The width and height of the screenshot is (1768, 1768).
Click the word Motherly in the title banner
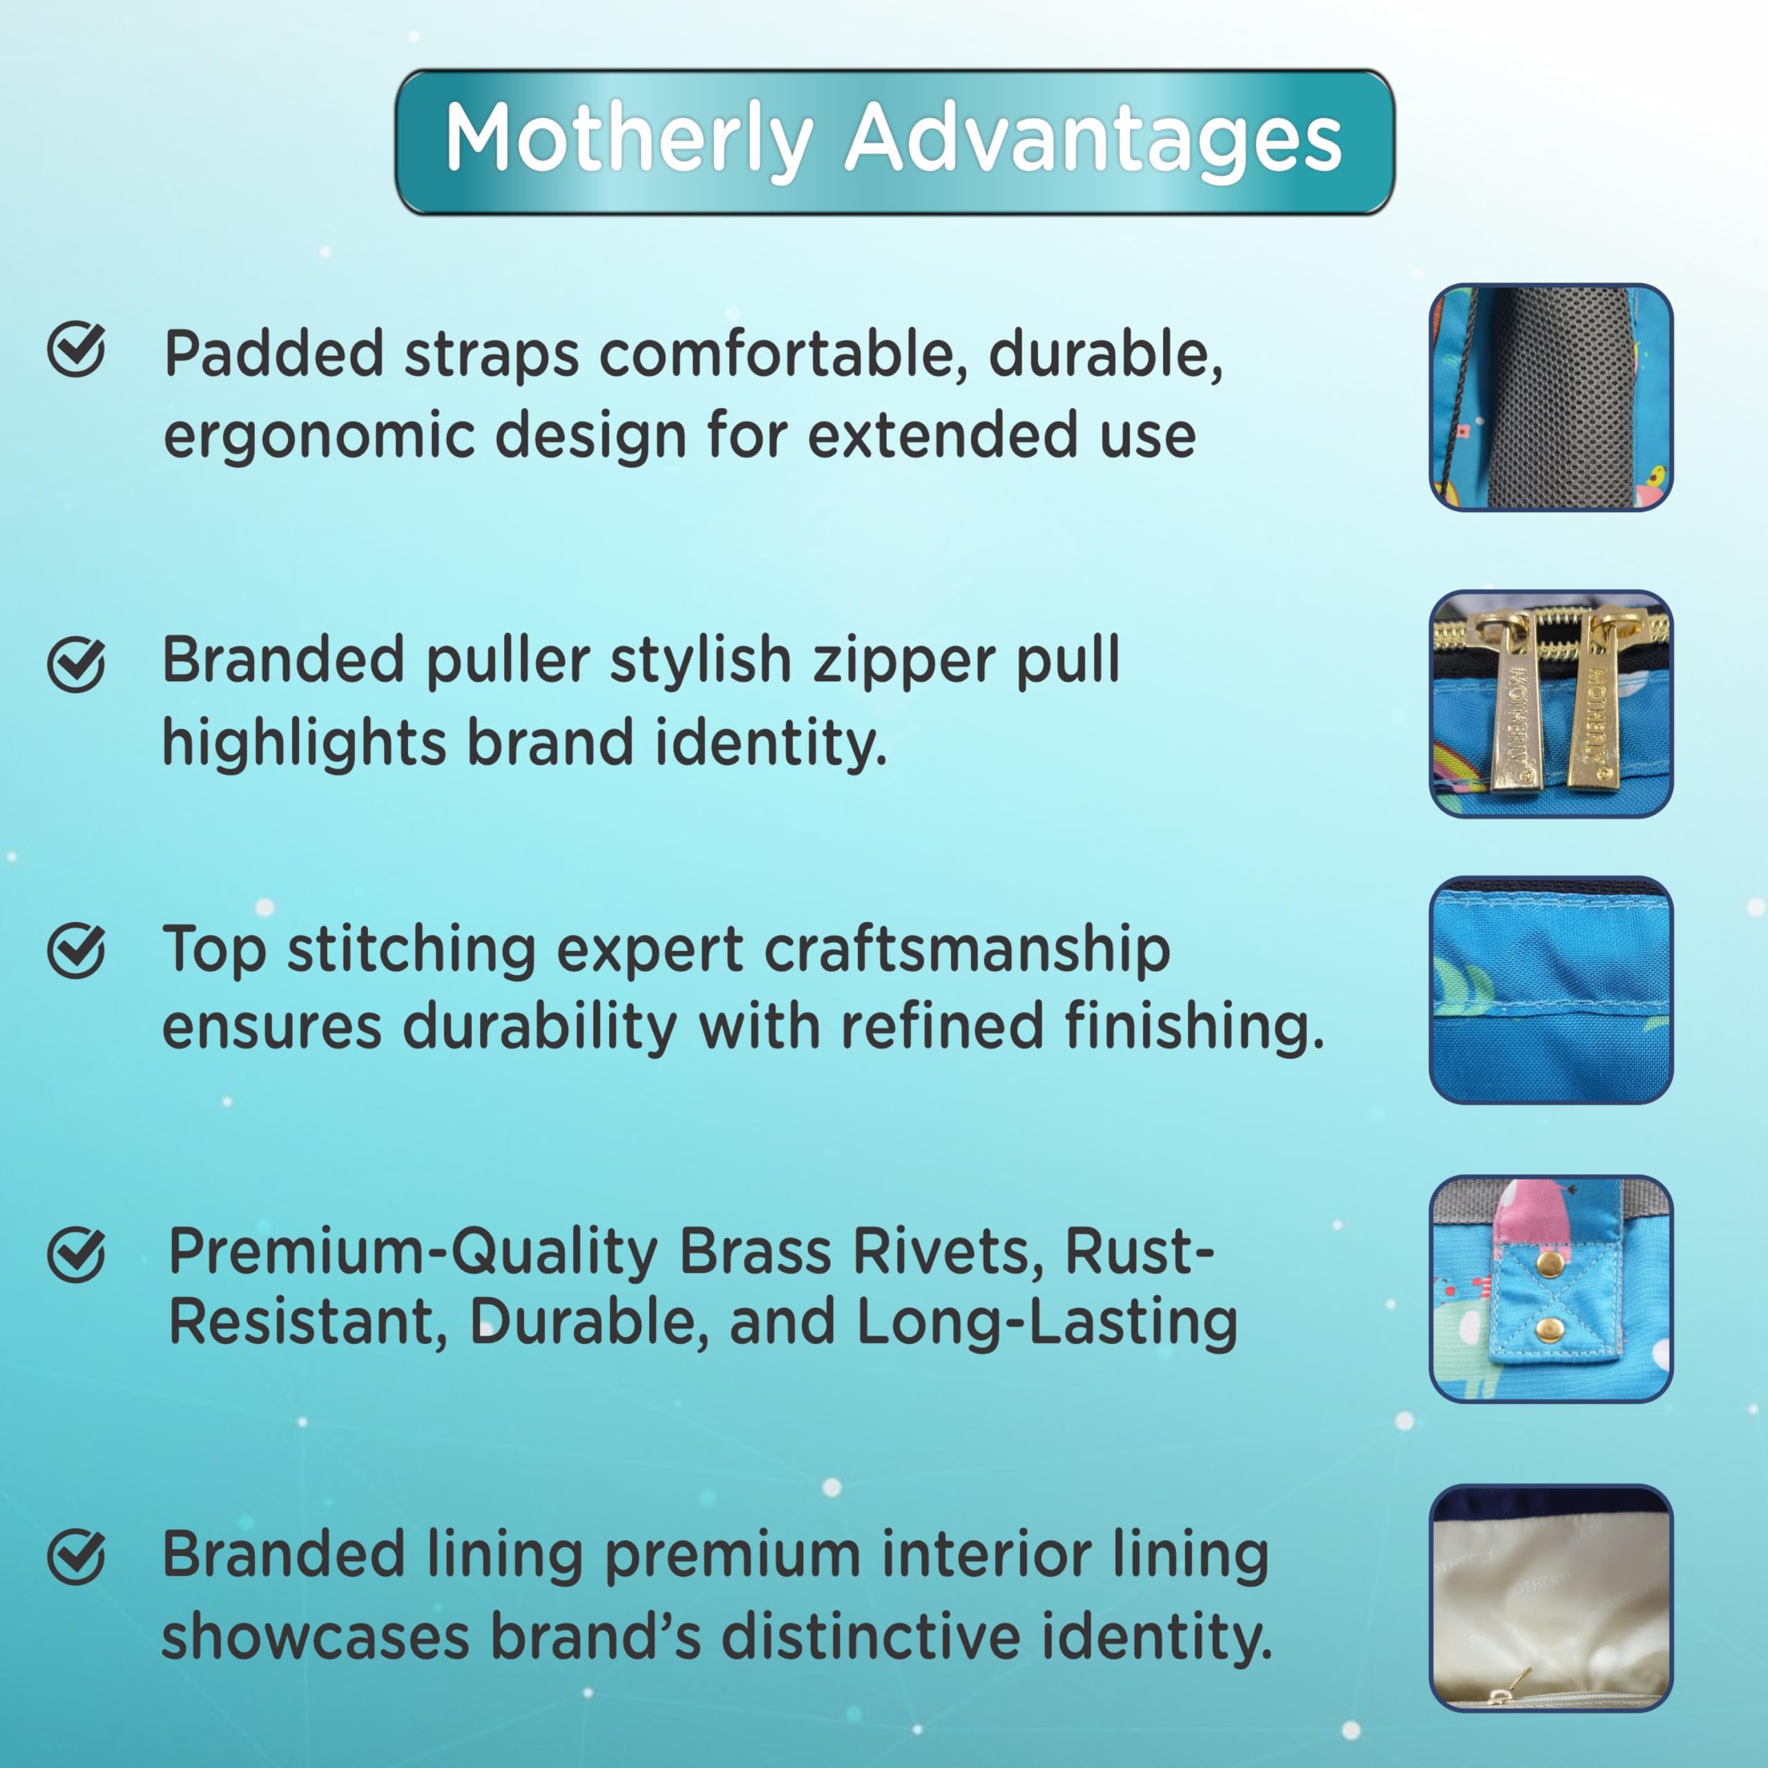pos(628,139)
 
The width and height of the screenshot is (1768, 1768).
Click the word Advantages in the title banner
pos(1093,139)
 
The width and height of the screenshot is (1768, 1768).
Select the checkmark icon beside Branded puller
pos(76,664)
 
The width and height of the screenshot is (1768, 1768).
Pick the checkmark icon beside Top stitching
pos(76,951)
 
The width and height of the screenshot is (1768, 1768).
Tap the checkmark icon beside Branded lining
pos(76,1557)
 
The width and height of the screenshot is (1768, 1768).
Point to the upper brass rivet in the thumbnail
pos(1549,1265)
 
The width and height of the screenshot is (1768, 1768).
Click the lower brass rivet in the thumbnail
pos(1549,1329)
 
